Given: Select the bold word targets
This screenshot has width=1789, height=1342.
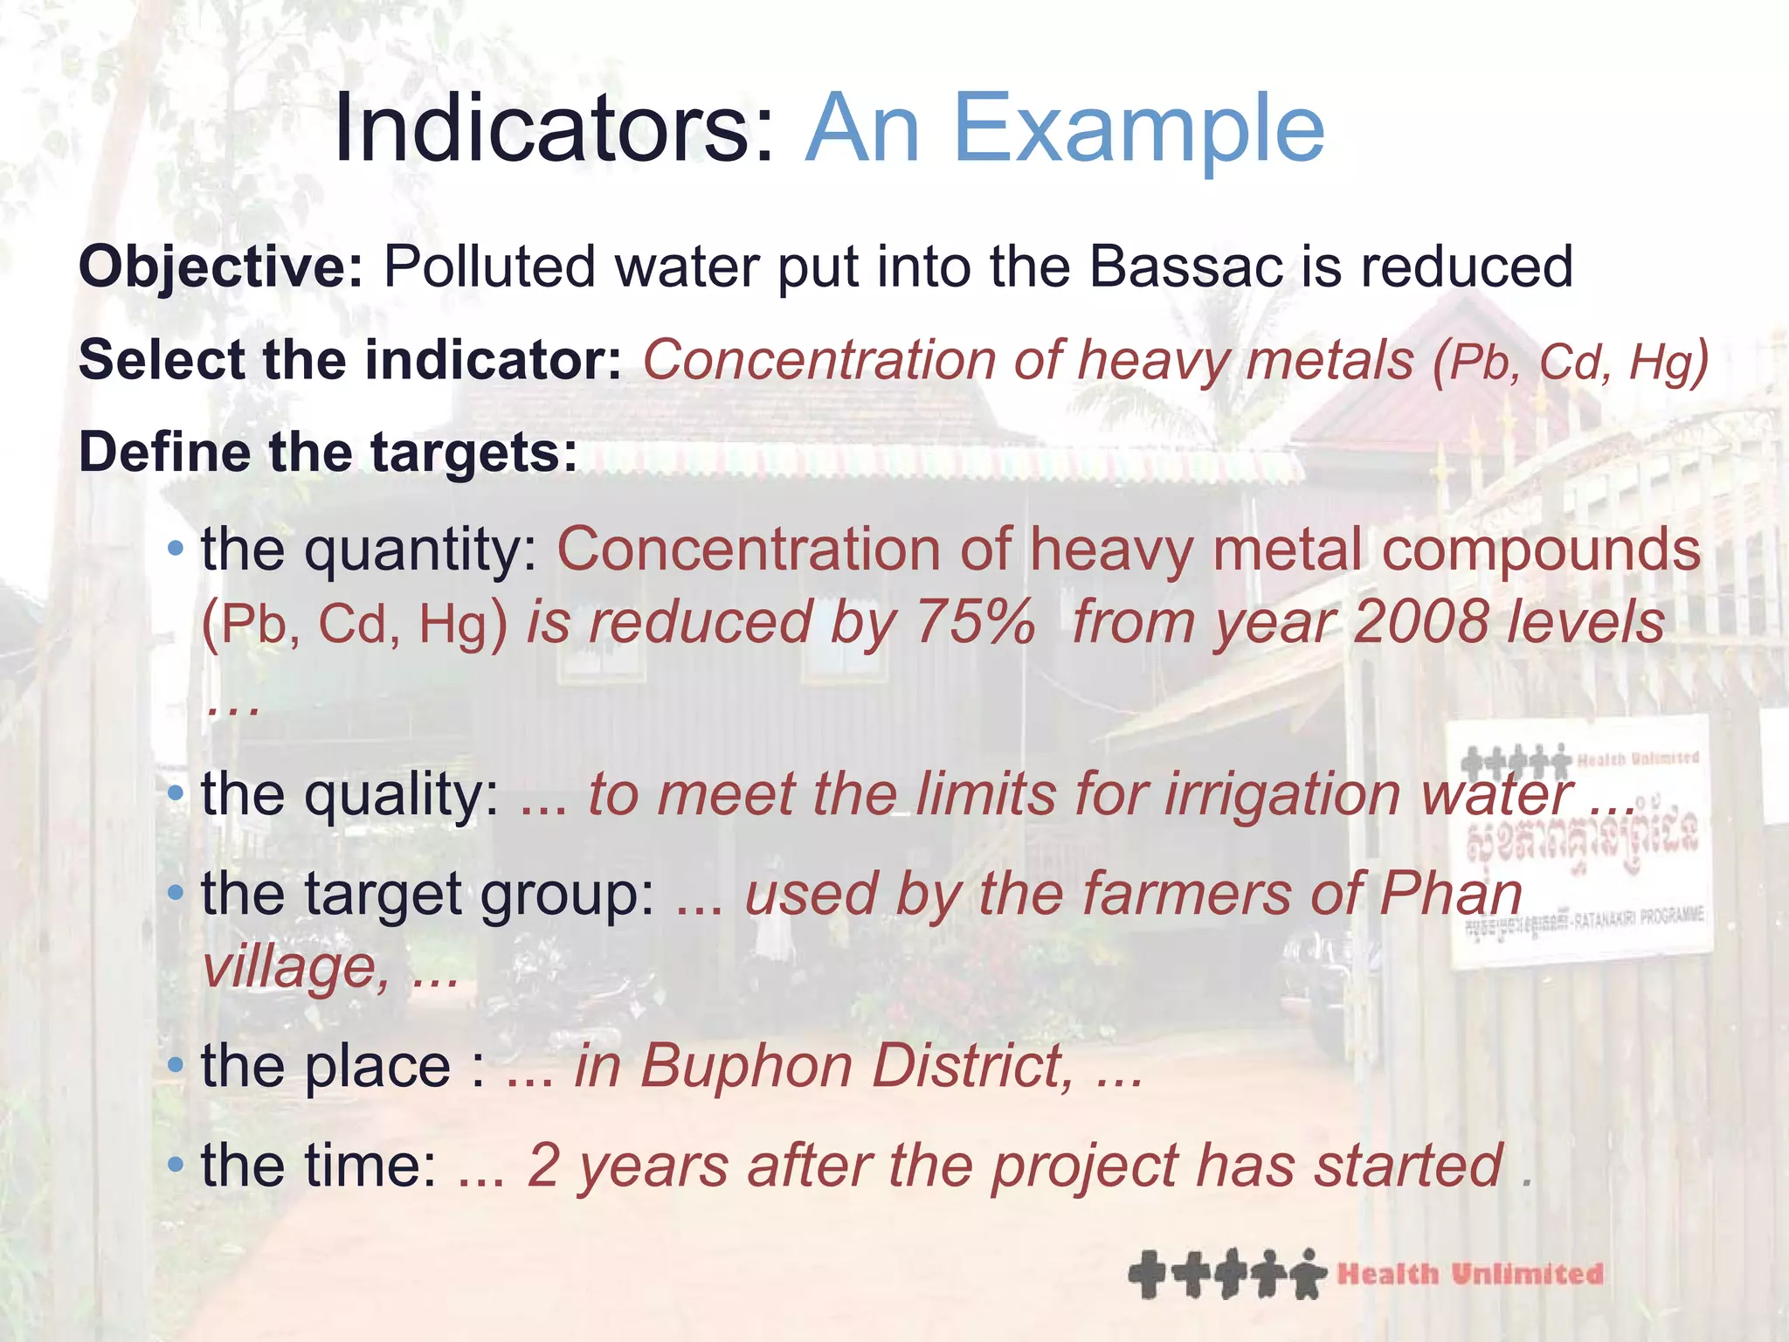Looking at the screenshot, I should [473, 453].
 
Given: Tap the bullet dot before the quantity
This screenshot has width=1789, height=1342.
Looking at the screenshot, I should [176, 550].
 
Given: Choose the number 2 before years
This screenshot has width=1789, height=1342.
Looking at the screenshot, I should [543, 1166].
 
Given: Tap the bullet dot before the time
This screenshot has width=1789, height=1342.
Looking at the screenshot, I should [176, 1165].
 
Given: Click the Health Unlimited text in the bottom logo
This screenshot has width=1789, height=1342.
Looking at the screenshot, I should [1469, 1274].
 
